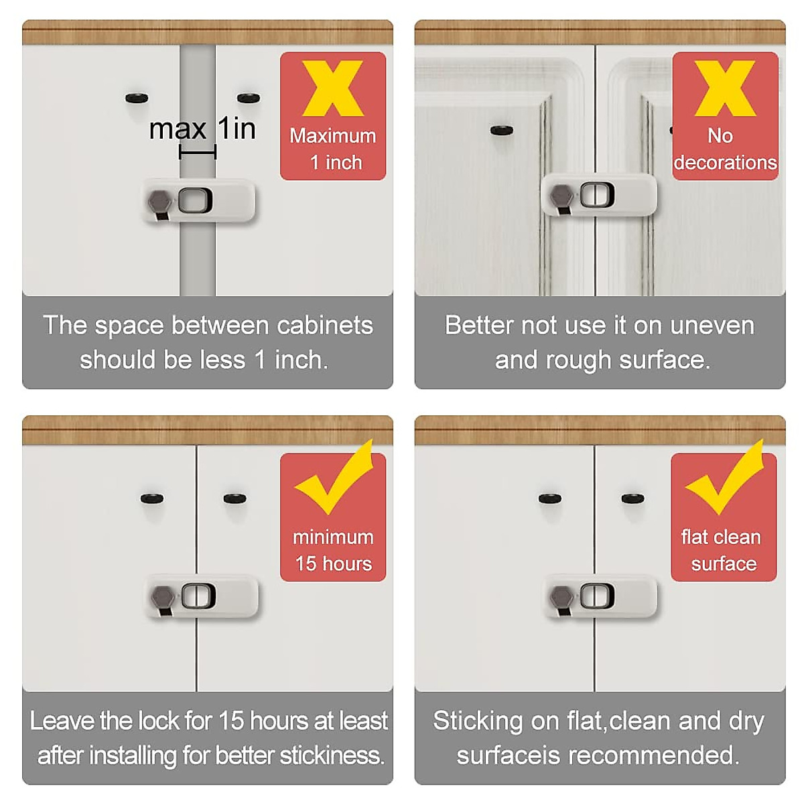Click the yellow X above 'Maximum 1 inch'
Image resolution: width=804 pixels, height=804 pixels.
[333, 88]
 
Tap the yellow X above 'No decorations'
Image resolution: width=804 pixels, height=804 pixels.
[725, 88]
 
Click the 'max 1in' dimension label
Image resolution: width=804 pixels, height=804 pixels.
[202, 129]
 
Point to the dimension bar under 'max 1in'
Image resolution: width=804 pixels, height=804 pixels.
[198, 153]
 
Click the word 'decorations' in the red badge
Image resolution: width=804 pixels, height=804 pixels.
[725, 163]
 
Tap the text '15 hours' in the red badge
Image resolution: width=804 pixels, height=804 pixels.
[334, 563]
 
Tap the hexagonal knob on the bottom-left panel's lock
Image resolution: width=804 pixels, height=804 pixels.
[162, 596]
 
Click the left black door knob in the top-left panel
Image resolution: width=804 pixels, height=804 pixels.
[137, 98]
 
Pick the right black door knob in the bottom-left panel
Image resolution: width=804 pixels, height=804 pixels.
[234, 498]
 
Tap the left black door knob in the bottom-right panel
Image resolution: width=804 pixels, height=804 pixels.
[550, 498]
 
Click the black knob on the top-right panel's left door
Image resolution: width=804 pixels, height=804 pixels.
[501, 130]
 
